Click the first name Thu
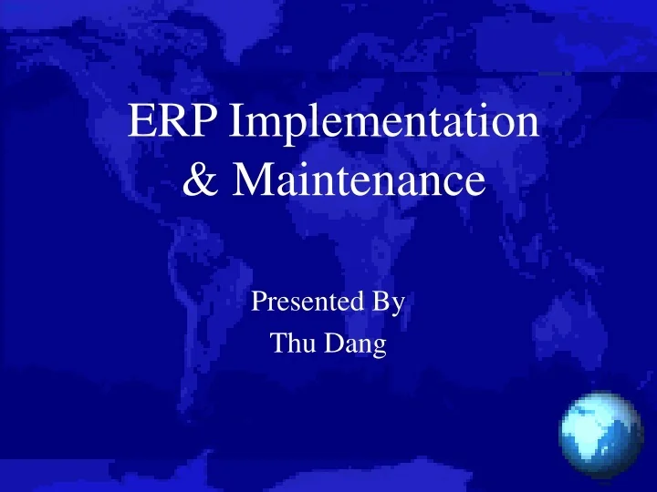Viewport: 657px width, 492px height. [290, 344]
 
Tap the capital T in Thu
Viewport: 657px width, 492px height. [277, 344]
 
